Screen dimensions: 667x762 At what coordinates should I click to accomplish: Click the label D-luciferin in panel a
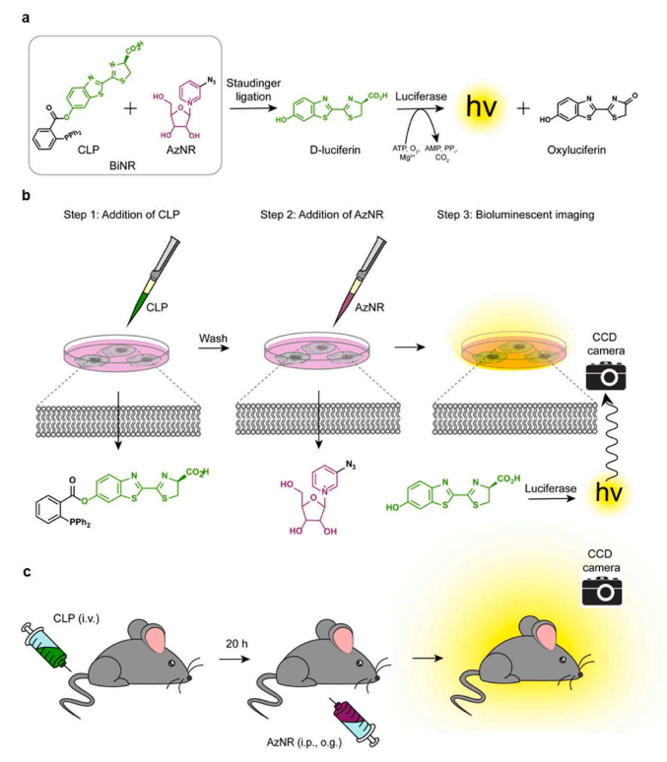[335, 150]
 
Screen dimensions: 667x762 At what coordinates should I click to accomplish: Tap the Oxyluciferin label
[576, 150]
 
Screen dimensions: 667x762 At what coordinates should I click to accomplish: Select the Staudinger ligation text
[253, 90]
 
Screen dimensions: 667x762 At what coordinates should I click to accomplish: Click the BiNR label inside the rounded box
[122, 165]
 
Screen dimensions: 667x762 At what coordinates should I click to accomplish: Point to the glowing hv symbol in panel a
[481, 106]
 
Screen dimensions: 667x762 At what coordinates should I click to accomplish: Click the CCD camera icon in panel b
[606, 376]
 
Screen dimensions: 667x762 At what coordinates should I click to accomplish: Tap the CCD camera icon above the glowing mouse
[602, 591]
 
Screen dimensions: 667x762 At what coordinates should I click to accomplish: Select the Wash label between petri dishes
[213, 339]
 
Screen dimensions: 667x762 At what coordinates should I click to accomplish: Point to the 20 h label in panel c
[236, 644]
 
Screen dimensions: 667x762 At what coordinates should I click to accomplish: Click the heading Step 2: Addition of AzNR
[321, 215]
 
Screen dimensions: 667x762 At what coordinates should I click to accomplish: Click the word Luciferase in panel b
[550, 488]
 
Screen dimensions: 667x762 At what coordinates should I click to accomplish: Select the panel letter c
[27, 572]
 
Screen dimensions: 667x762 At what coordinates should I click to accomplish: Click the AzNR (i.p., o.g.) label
[304, 742]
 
